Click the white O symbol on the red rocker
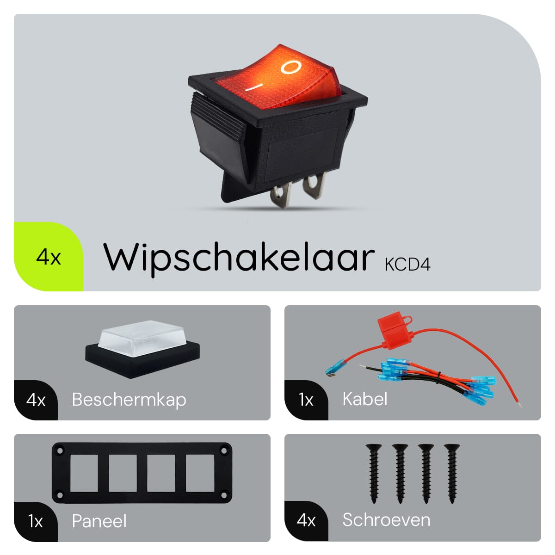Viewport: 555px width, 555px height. click(x=291, y=67)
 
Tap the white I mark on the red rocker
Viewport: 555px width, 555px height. click(x=254, y=87)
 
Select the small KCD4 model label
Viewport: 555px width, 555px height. click(x=407, y=265)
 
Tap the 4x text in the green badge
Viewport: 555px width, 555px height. click(x=49, y=257)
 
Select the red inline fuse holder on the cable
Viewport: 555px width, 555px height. click(x=396, y=331)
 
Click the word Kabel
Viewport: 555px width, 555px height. click(x=365, y=399)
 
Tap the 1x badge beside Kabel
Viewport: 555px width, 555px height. click(x=306, y=400)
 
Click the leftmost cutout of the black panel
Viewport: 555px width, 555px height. click(x=84, y=473)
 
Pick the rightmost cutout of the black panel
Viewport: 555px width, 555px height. click(x=200, y=473)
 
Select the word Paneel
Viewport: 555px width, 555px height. click(x=99, y=521)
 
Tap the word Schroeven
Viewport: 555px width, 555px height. click(x=386, y=520)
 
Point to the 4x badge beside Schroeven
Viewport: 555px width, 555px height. click(x=306, y=521)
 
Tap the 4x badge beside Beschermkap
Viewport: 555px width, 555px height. click(x=36, y=401)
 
